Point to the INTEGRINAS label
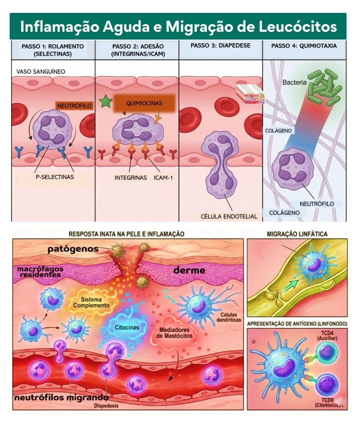[x=131, y=177]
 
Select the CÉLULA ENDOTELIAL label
[x=229, y=216]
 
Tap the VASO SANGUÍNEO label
[x=41, y=71]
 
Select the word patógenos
[x=73, y=249]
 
